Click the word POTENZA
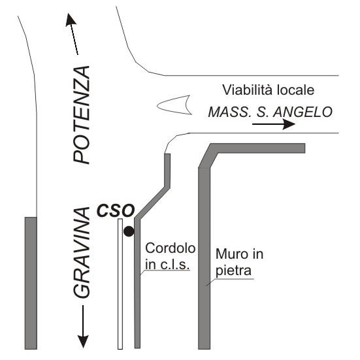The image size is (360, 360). (x=82, y=115)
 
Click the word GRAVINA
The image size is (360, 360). (x=82, y=253)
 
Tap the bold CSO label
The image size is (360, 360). (x=116, y=211)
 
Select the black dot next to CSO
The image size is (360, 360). (x=129, y=231)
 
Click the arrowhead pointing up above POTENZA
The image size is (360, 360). (x=71, y=20)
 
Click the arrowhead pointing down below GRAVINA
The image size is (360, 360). (x=83, y=342)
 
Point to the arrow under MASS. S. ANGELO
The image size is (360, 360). (x=274, y=124)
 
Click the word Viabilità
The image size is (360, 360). (x=248, y=90)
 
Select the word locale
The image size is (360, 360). (x=296, y=90)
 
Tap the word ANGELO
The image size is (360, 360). (x=303, y=112)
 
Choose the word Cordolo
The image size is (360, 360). (x=171, y=248)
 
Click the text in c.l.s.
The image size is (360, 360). (x=167, y=265)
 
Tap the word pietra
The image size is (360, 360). (x=233, y=270)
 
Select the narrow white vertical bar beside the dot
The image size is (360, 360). (x=120, y=284)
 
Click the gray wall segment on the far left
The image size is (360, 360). (x=31, y=283)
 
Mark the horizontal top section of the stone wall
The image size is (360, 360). (x=257, y=148)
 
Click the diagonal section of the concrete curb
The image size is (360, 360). (x=152, y=202)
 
